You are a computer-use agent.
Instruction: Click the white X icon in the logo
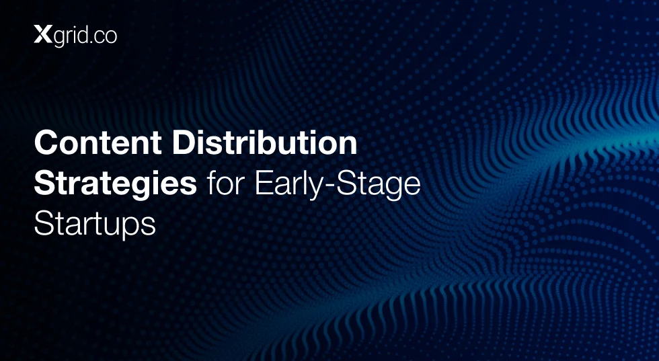43,34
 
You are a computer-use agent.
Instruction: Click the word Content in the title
98,143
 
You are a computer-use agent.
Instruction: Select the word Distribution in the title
265,143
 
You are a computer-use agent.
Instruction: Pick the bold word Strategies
116,184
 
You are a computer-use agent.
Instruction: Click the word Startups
95,224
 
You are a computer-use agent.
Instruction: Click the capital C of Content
46,143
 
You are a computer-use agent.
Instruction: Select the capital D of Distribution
184,143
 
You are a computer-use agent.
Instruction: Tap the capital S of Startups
43,224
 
